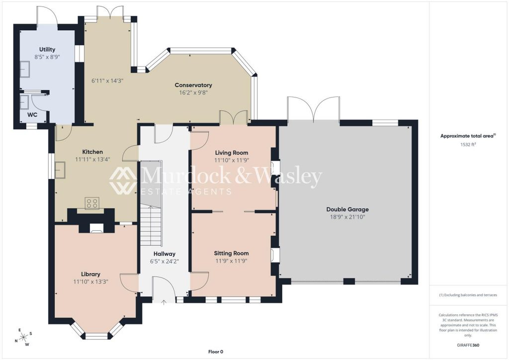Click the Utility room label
[x=47, y=49]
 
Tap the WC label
[x=32, y=114]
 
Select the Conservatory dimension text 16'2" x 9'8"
[x=193, y=92]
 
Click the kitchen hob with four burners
[x=92, y=203]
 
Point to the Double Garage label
[x=347, y=209]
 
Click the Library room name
[x=90, y=274]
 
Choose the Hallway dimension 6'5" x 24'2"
[x=164, y=262]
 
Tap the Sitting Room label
[x=231, y=253]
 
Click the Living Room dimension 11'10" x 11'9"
[x=232, y=160]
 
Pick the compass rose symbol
[x=24, y=338]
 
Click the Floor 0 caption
[x=216, y=352]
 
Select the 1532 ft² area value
[x=468, y=145]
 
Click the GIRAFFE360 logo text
[x=468, y=345]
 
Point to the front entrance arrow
[x=164, y=302]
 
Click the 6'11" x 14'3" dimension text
[x=107, y=81]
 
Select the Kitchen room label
[x=92, y=152]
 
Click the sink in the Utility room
[x=25, y=69]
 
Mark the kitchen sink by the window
[x=60, y=170]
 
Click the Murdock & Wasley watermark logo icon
[x=123, y=180]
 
